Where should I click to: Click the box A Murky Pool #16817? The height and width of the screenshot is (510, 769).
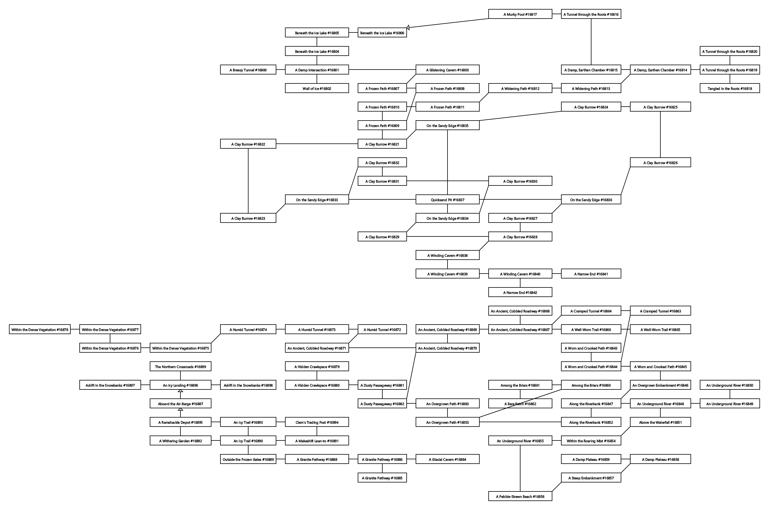click(520, 14)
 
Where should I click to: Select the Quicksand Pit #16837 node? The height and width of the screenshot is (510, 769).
click(447, 200)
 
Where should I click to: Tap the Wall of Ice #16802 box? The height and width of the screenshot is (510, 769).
click(317, 88)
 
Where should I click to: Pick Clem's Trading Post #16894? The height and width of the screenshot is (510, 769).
click(317, 422)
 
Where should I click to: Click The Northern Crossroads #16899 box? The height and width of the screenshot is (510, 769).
click(180, 367)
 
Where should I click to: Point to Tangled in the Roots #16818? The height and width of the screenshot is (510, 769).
click(729, 88)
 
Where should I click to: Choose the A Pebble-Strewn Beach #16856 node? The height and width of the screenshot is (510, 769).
click(520, 496)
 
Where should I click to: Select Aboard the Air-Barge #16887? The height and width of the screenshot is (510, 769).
click(180, 404)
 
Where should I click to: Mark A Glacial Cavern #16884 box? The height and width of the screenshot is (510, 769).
click(447, 459)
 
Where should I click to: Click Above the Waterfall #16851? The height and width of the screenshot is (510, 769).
click(660, 422)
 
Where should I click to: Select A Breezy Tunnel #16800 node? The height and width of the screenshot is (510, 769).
click(248, 70)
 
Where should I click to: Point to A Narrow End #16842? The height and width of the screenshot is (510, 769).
click(520, 292)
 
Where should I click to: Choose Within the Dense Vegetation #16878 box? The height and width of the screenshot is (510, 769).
click(40, 329)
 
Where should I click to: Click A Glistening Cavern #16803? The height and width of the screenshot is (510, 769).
click(447, 70)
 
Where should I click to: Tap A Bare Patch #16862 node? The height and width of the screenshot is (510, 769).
click(520, 404)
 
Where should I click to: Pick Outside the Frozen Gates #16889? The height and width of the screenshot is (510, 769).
click(248, 459)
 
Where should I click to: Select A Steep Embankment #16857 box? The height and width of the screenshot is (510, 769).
click(591, 478)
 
